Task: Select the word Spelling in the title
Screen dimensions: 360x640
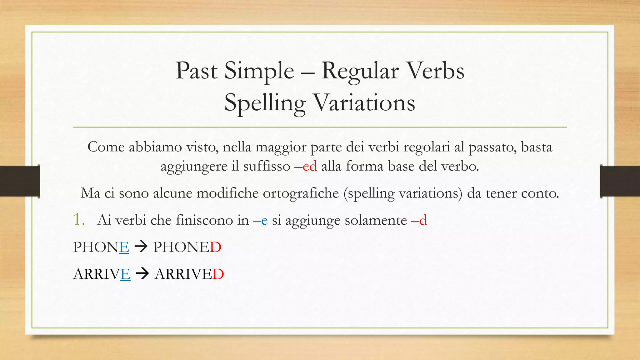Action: pos(265,103)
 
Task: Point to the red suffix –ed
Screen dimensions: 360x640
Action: pos(306,166)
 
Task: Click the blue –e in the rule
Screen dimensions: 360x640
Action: pos(260,220)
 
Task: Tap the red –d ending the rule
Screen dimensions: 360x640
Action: pos(419,220)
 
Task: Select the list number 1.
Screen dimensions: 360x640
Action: pos(78,220)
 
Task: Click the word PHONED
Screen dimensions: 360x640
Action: pos(187,247)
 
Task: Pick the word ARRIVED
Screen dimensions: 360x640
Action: pos(189,274)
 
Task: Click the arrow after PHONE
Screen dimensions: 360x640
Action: pos(141,247)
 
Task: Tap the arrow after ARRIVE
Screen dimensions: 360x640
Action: pos(142,274)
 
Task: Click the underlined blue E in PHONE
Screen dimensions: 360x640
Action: pos(124,247)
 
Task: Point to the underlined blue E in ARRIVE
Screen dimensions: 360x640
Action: pos(125,274)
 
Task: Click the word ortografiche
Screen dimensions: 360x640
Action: pos(301,193)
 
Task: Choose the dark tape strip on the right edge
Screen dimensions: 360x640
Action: pos(620,181)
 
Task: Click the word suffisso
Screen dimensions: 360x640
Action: pos(267,166)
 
